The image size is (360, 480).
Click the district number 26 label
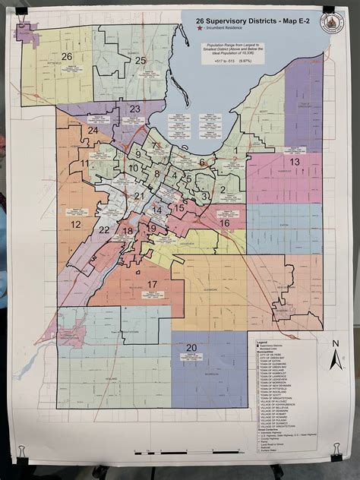[67, 56]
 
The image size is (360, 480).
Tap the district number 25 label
[140, 60]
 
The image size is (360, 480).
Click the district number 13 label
[295, 162]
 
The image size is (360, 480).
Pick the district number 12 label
[76, 225]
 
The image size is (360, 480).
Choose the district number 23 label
[135, 109]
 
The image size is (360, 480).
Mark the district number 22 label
[104, 230]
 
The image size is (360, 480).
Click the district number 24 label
[92, 131]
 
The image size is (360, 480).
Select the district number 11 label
[84, 163]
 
